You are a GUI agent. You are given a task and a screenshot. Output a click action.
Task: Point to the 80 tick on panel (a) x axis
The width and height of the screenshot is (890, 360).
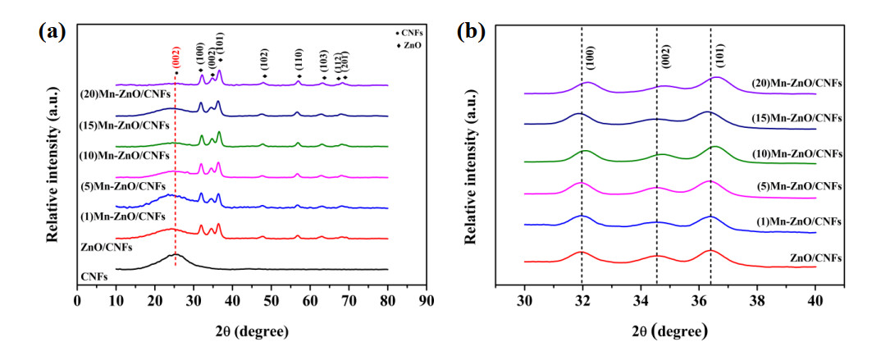coord(387,301)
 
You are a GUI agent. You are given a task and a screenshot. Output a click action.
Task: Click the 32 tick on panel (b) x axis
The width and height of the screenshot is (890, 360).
coord(582,301)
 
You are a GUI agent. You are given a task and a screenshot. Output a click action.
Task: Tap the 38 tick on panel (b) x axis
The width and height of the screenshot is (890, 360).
coord(757,301)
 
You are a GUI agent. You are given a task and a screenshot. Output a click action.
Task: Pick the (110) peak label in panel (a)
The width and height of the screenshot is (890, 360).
coord(299,62)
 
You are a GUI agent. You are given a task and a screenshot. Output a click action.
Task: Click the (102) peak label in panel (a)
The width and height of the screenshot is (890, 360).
coord(263,62)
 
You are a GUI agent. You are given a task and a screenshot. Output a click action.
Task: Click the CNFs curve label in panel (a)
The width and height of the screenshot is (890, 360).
coord(95,279)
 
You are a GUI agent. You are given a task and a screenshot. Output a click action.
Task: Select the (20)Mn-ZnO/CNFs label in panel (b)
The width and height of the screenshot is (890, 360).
coord(797,83)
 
